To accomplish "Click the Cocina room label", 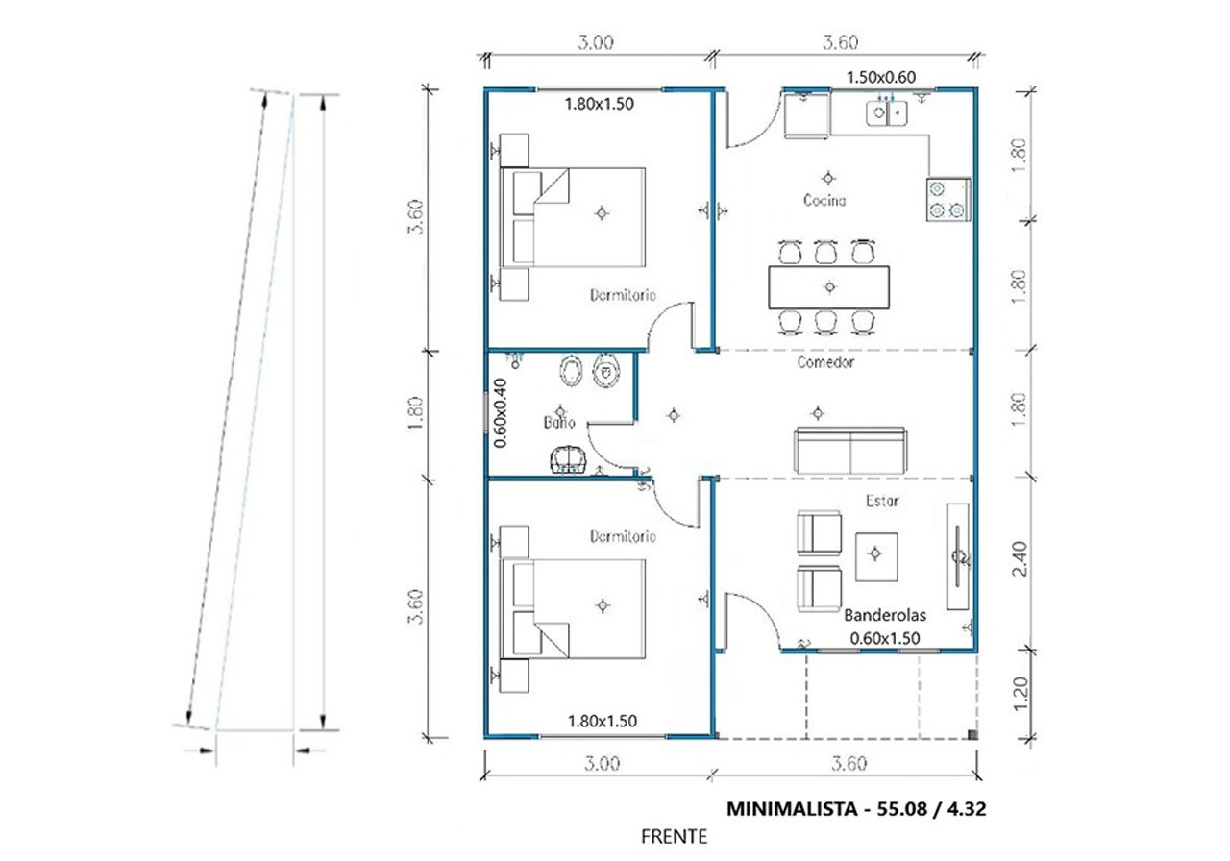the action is [824, 201].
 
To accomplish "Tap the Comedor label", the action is [825, 362].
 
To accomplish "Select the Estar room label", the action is [882, 501].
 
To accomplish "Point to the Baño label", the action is [559, 422].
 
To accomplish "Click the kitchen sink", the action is [886, 113].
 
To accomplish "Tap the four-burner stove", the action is [948, 200].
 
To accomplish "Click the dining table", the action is [828, 287].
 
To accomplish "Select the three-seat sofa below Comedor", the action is [850, 451].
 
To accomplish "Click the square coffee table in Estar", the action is [876, 556].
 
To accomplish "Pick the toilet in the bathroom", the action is [606, 371].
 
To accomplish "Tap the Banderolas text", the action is [885, 616].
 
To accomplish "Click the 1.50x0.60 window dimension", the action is [881, 78].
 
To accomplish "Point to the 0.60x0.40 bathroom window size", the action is [501, 413].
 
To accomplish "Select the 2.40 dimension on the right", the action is [1019, 559].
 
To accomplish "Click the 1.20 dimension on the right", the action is [1020, 694].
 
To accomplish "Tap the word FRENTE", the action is [674, 837].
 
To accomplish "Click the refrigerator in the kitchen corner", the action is [806, 116].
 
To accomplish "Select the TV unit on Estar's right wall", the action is [958, 556].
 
